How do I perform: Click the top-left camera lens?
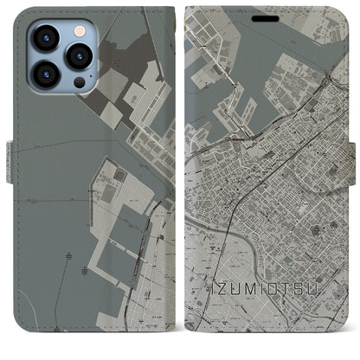tap(45, 37)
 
